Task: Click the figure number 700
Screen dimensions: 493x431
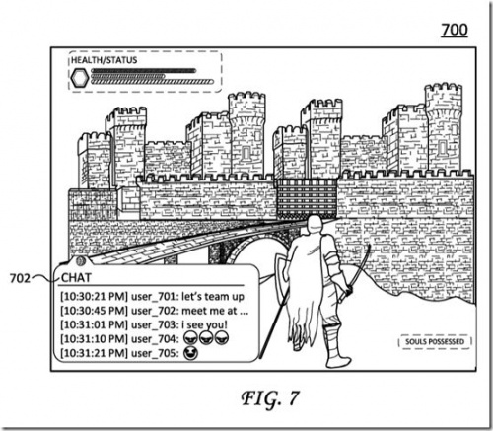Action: [x=455, y=30]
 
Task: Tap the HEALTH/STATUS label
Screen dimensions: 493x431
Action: [x=104, y=60]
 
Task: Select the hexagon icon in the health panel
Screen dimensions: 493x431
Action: [x=80, y=78]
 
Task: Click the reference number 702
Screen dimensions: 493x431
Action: [x=20, y=278]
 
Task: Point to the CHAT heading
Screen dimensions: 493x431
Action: [x=76, y=278]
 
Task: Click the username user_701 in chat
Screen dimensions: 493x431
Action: [x=152, y=297]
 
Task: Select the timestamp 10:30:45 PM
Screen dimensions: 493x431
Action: [x=94, y=311]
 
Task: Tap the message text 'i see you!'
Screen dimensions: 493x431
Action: [x=204, y=324]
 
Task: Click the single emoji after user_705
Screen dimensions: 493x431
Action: [x=191, y=353]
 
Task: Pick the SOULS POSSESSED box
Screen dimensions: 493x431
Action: [x=435, y=342]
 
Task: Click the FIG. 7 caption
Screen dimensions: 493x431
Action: [x=270, y=398]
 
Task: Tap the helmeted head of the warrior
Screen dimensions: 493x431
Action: [x=315, y=225]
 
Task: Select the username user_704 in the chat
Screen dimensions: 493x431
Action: [x=153, y=339]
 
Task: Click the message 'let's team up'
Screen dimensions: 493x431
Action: [x=213, y=297]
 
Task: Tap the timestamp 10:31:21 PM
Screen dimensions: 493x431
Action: [x=94, y=353]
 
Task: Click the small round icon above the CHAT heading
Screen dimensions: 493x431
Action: [x=80, y=261]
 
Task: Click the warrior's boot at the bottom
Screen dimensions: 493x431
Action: [x=338, y=357]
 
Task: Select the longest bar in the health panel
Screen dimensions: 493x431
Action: [x=152, y=82]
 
